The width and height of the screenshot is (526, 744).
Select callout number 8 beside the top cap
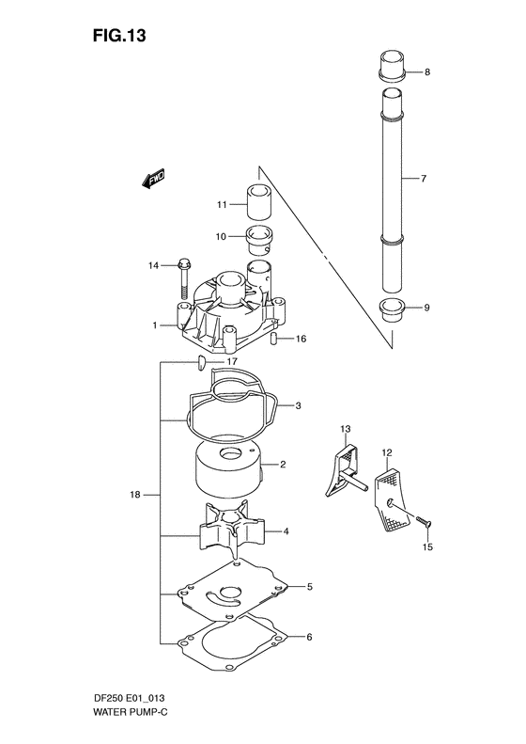426,72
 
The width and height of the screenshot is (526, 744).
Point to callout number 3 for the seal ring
297,406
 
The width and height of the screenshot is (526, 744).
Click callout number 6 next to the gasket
308,637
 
